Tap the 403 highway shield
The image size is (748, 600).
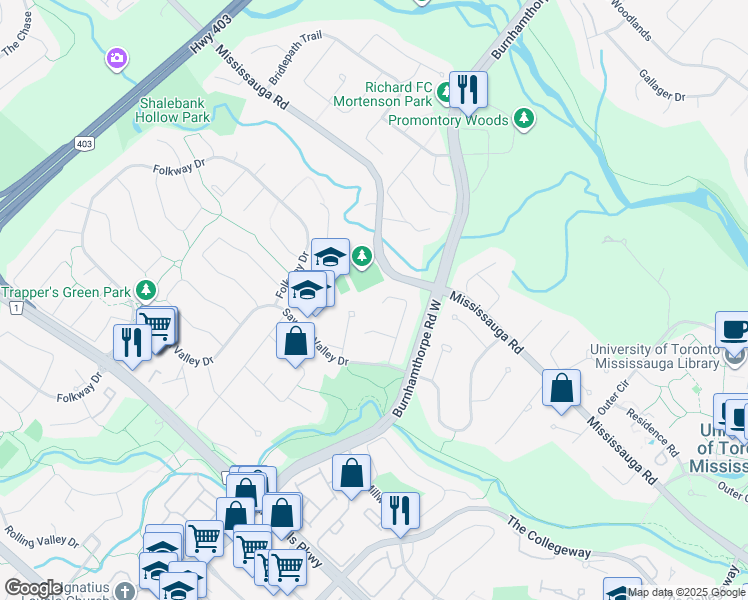click(83, 144)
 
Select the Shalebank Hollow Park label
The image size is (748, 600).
click(175, 110)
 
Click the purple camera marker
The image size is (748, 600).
click(117, 59)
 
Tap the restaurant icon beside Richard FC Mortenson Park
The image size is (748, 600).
click(467, 89)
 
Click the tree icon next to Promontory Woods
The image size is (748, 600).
click(523, 120)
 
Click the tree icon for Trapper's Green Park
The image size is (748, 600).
click(147, 291)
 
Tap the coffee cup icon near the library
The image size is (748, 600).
click(734, 330)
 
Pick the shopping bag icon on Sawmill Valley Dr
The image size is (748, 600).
click(296, 341)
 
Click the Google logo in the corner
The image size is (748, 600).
click(33, 588)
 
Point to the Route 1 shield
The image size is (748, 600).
click(15, 309)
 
